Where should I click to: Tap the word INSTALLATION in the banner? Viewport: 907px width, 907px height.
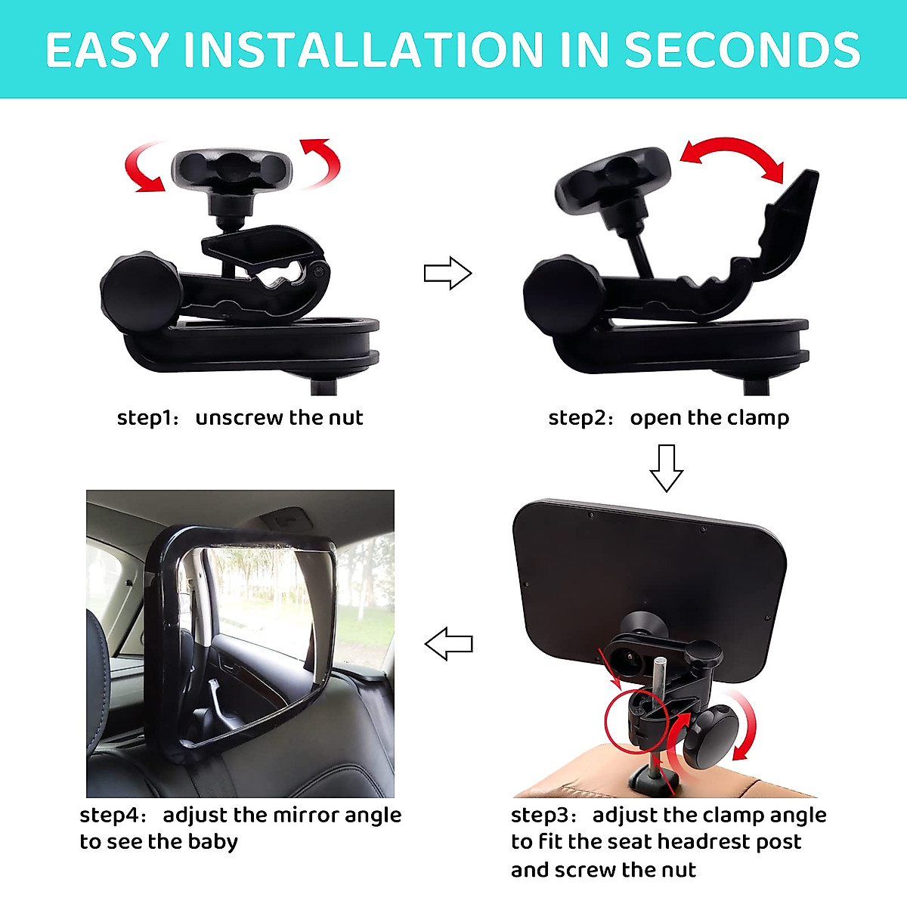click(363, 50)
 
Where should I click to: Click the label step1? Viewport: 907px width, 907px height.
click(145, 418)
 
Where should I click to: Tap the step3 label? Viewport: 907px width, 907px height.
click(542, 816)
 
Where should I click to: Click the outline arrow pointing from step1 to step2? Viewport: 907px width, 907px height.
click(447, 273)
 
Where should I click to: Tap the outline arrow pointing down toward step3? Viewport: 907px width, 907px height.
click(666, 468)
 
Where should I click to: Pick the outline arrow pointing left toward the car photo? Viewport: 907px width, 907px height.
click(449, 644)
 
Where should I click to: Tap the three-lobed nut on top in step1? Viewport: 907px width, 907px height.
click(231, 169)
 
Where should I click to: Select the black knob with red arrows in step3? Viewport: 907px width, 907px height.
click(710, 733)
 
